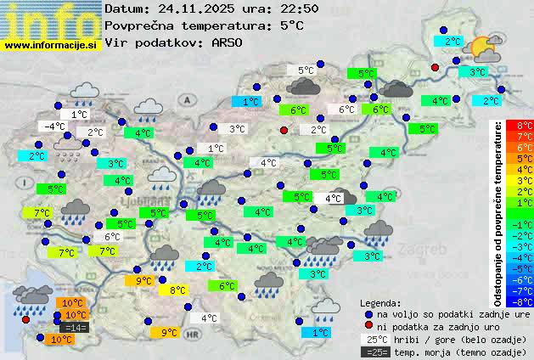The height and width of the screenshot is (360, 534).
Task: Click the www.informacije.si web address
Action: pyautogui.click(x=51, y=44)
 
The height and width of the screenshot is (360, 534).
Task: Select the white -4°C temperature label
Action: pyautogui.click(x=54, y=127)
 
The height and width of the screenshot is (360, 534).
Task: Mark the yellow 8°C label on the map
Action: pyautogui.click(x=177, y=290)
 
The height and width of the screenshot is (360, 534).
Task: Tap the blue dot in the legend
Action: pyautogui.click(x=368, y=314)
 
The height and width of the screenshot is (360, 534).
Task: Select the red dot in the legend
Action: pyautogui.click(x=368, y=327)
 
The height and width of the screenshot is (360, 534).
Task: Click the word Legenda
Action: pyautogui.click(x=381, y=302)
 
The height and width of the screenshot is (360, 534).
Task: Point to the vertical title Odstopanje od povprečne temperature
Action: pyautogui.click(x=498, y=212)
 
